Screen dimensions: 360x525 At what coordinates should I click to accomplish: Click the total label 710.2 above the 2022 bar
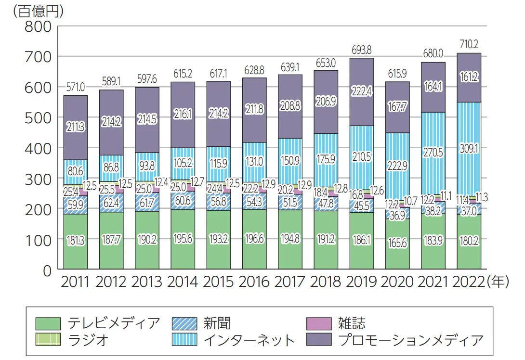pyautogui.click(x=469, y=45)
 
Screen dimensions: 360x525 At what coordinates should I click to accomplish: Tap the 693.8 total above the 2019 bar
pyautogui.click(x=361, y=50)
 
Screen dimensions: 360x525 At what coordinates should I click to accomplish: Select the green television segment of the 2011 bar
pyautogui.click(x=76, y=241)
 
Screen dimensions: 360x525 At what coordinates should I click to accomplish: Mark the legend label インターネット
pyautogui.click(x=249, y=340)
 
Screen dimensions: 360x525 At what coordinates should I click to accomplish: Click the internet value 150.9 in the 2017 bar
pyautogui.click(x=290, y=160)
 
